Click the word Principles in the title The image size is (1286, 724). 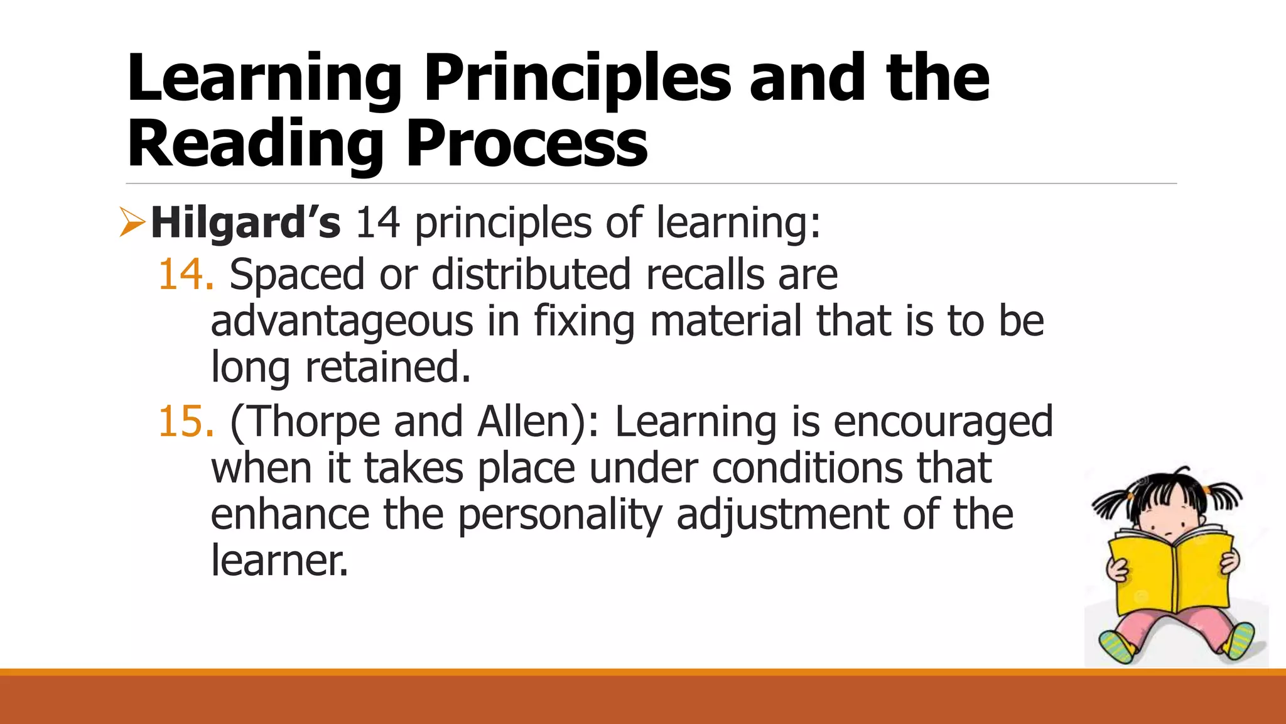click(x=577, y=79)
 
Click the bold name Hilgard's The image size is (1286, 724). click(x=246, y=222)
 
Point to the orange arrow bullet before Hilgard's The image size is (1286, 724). click(x=132, y=223)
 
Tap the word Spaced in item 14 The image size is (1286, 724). click(x=296, y=275)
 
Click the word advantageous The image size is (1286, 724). click(x=342, y=321)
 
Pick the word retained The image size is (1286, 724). click(x=387, y=367)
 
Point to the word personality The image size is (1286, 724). click(x=559, y=514)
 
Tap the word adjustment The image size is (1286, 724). click(x=782, y=514)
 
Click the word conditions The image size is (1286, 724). click(x=807, y=468)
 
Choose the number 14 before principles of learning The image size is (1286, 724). click(x=377, y=222)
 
